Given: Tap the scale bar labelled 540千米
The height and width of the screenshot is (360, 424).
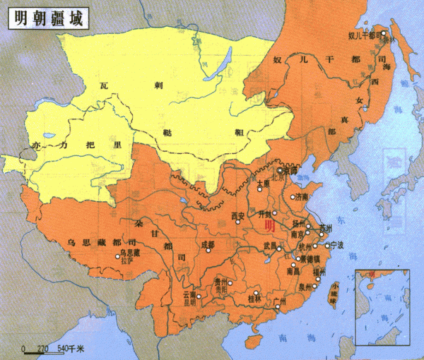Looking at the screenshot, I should (x=54, y=349).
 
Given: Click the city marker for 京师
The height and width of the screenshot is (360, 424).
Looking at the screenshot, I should (x=280, y=170).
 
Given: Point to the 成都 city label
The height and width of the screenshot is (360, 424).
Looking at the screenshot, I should (x=207, y=244).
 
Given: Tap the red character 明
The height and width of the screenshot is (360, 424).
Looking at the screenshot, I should (x=269, y=227).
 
